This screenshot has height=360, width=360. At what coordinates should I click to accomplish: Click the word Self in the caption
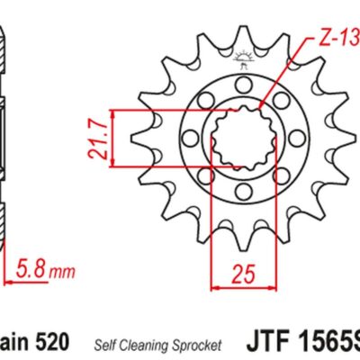point(103,344)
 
